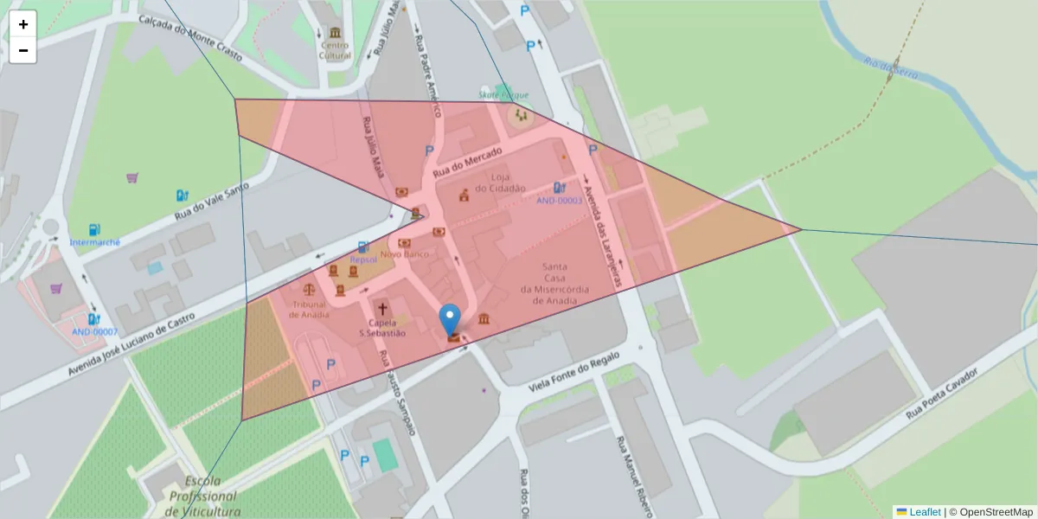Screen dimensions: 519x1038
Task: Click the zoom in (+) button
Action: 23,24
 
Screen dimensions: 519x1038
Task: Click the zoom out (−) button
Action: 23,50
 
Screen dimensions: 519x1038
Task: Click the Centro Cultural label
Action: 335,50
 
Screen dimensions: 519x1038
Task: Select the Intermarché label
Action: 95,242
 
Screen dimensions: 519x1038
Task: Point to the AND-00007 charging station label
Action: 94,332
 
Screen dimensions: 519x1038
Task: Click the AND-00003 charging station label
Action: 559,201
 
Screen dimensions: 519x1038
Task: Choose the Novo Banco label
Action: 405,255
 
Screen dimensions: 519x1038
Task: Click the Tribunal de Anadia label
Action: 309,310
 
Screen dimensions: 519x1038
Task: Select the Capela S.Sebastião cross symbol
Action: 381,309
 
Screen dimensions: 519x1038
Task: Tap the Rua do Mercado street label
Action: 467,162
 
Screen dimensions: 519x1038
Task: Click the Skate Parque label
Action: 503,95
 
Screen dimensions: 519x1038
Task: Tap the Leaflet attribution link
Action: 925,512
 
